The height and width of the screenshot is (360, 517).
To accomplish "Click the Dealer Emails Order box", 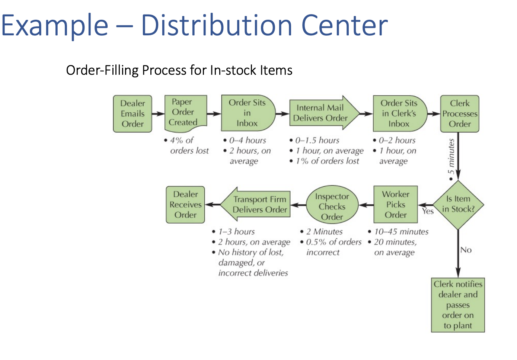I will [x=133, y=113].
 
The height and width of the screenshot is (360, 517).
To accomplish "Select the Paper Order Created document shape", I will [x=185, y=112].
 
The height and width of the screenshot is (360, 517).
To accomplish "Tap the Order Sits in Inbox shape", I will [x=247, y=113].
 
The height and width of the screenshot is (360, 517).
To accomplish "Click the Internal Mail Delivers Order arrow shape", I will [x=321, y=113].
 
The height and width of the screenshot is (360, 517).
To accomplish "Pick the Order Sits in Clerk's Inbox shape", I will [x=399, y=113].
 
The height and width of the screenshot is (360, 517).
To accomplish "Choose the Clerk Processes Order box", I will [x=459, y=113].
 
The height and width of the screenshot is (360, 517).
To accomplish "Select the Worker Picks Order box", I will [x=395, y=205].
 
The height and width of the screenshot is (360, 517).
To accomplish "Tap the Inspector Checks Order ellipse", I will [x=332, y=206].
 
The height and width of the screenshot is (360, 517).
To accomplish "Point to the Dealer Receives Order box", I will [x=185, y=205].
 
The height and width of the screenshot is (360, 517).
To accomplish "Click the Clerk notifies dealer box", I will [x=458, y=305].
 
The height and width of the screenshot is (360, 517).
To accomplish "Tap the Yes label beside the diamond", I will [x=428, y=211].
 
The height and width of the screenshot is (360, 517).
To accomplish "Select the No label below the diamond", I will [x=466, y=250].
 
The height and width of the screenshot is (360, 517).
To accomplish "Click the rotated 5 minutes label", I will [x=451, y=157].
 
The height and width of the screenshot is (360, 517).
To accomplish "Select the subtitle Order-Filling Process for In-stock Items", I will [x=179, y=70].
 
